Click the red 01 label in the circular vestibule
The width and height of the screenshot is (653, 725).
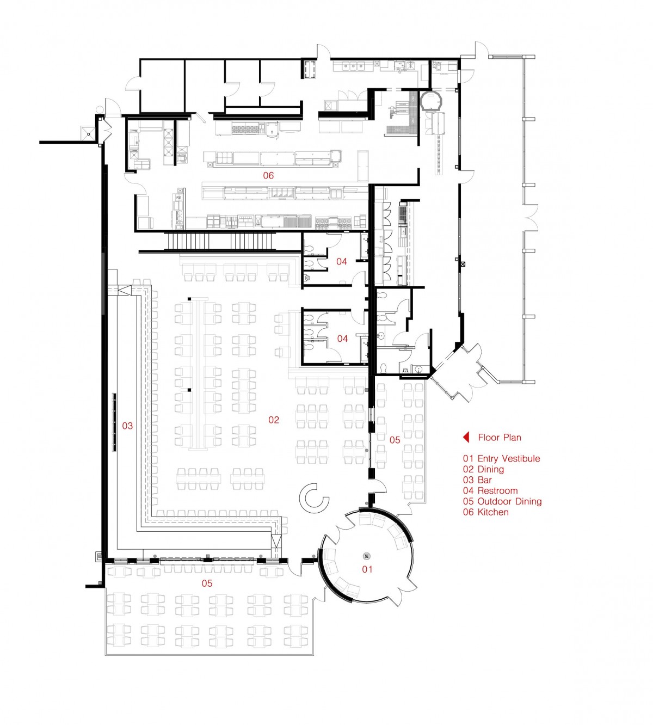point(367,569)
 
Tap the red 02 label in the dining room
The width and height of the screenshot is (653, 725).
point(274,420)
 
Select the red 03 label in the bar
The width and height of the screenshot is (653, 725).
point(127,426)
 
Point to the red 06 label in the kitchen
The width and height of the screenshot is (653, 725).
point(268,176)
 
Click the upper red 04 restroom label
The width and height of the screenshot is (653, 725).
point(342,262)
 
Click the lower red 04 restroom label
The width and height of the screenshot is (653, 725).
point(342,339)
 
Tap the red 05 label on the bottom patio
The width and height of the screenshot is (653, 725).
point(207,583)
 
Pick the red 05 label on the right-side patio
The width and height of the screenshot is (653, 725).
point(395,440)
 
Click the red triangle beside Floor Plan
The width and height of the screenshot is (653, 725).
point(466,437)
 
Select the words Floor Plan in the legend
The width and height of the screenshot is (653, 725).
point(500,438)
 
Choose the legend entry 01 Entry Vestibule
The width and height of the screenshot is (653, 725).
point(502,459)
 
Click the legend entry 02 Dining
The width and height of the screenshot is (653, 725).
point(484,470)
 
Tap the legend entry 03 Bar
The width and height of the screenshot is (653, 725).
point(477,480)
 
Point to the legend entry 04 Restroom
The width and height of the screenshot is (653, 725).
point(490,491)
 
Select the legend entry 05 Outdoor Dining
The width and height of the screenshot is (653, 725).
point(502,502)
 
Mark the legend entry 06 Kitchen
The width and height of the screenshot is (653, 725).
point(486,512)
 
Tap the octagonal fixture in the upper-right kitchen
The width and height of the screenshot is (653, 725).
point(431,101)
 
